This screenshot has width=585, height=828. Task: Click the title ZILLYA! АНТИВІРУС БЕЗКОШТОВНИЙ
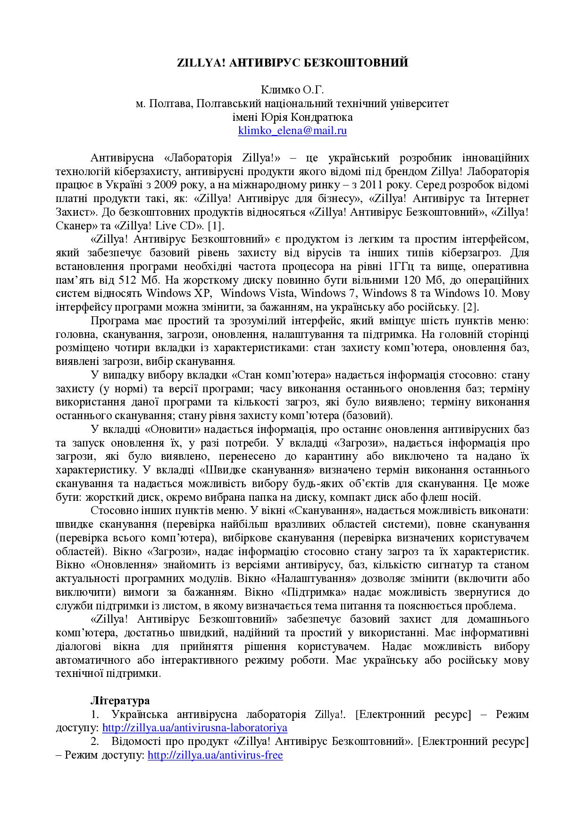pos(292,63)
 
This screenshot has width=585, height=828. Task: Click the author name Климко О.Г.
pos(292,90)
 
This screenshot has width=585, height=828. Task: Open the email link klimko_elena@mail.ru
pos(292,131)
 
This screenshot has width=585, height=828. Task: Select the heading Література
pos(120,701)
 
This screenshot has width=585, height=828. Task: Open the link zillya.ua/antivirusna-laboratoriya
pos(194,728)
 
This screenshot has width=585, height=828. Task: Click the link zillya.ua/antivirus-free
pos(215,755)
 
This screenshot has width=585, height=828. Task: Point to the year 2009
pos(167,185)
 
